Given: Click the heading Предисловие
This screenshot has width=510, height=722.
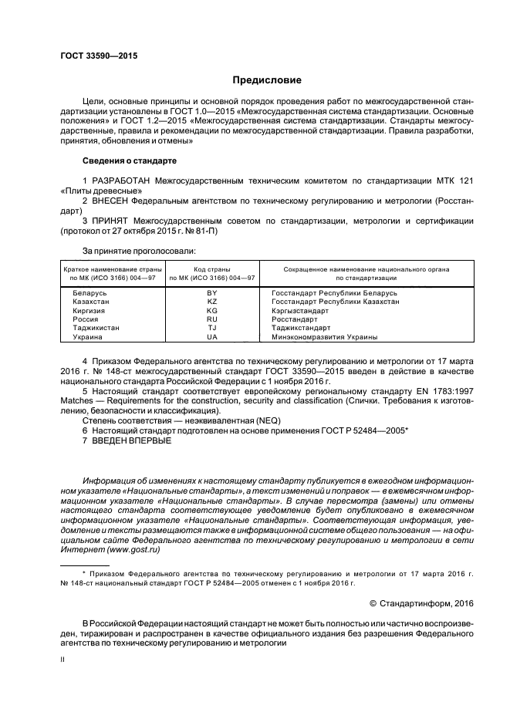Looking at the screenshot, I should [x=266, y=80].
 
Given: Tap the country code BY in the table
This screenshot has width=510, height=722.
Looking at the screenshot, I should [x=212, y=293].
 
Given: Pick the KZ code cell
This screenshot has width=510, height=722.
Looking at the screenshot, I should [x=212, y=302].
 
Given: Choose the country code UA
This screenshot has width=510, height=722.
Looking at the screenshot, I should [x=212, y=337].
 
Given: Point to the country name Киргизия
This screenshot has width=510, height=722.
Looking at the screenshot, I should [x=90, y=311].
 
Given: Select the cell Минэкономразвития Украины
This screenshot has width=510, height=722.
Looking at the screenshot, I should [x=324, y=337].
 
